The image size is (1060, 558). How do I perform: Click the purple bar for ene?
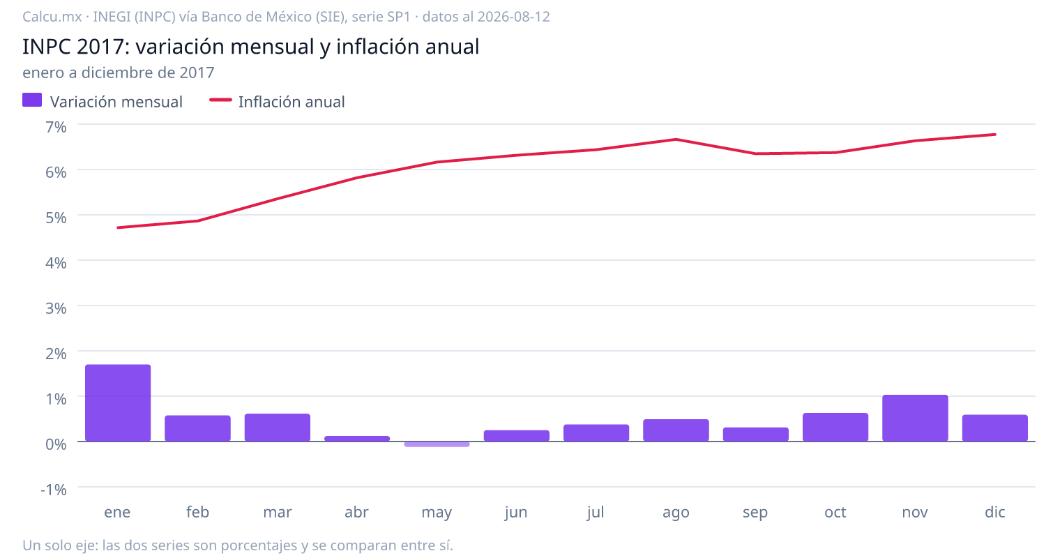click(x=118, y=402)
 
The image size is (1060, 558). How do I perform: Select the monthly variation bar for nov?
click(x=915, y=418)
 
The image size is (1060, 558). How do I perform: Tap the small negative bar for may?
click(x=437, y=444)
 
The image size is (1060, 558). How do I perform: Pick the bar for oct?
click(x=835, y=428)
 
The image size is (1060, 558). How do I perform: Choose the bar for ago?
click(x=676, y=430)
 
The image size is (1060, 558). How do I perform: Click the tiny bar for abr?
click(x=357, y=439)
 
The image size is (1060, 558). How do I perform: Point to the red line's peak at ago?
click(x=676, y=139)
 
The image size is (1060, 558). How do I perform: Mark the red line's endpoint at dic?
click(x=995, y=135)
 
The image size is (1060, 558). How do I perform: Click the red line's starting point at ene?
click(x=118, y=227)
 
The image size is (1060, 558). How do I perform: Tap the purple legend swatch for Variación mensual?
click(x=32, y=100)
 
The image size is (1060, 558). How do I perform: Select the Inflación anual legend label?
click(x=291, y=102)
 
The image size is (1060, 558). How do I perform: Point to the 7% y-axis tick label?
click(x=56, y=127)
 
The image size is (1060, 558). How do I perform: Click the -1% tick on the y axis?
click(x=54, y=490)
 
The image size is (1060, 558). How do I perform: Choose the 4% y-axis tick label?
click(x=56, y=263)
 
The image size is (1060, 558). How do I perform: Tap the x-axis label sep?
click(x=755, y=513)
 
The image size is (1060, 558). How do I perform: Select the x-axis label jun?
click(x=516, y=513)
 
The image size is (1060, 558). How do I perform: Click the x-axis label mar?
click(x=278, y=512)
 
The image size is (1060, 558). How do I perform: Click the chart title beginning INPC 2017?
click(x=251, y=46)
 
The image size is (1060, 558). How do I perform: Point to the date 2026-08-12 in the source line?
click(x=513, y=17)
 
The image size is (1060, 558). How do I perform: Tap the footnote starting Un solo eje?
click(x=238, y=545)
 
